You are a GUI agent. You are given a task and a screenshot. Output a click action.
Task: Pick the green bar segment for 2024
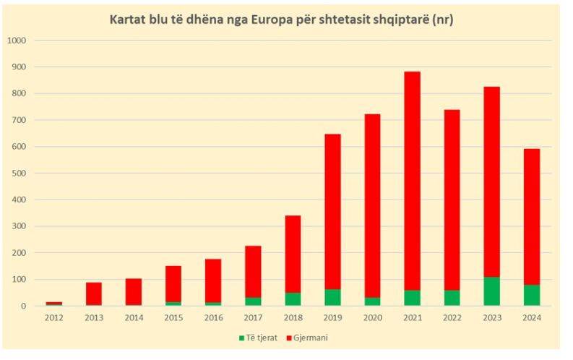(531, 295)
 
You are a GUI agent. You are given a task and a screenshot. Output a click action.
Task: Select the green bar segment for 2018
(293, 299)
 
